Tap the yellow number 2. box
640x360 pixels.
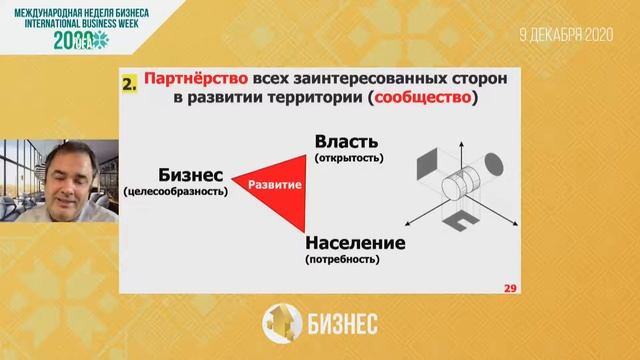click(128, 85)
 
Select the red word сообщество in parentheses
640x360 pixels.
click(419, 100)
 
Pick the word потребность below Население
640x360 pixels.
click(343, 260)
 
